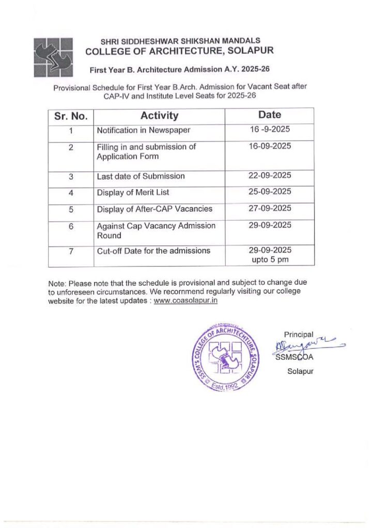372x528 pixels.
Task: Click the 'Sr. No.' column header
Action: (71, 115)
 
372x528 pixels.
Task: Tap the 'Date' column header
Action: (270, 115)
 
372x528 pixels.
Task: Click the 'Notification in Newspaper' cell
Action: (144, 130)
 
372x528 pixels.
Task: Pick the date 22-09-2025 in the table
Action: (270, 175)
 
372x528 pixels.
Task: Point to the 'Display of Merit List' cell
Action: (133, 192)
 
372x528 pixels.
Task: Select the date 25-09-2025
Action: (270, 191)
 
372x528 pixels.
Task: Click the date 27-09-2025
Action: (270, 208)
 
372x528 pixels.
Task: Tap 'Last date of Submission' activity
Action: (141, 176)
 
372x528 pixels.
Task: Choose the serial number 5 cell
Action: (71, 209)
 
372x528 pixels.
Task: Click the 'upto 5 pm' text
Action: (270, 260)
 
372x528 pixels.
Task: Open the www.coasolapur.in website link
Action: (185, 301)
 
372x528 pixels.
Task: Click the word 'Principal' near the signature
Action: (299, 334)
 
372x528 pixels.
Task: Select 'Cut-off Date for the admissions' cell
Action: (153, 251)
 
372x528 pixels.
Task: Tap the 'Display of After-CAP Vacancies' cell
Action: (154, 209)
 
